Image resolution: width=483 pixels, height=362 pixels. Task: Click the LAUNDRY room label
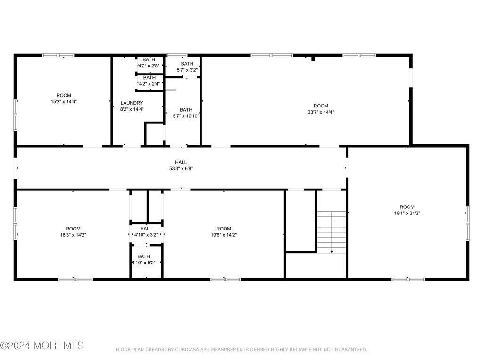(132, 103)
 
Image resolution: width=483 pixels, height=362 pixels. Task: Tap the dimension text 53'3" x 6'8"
(181, 169)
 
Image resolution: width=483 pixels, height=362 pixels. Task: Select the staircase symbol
(332, 232)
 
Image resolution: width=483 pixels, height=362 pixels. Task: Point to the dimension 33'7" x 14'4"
(321, 112)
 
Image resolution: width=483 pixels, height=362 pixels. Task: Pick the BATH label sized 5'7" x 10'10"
(186, 110)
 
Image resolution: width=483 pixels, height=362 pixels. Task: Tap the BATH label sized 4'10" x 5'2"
(143, 256)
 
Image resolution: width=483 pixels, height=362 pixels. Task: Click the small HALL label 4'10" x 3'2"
(146, 229)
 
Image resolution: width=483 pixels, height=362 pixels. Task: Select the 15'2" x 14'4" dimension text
(64, 102)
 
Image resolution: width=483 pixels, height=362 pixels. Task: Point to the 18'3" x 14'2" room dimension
(73, 235)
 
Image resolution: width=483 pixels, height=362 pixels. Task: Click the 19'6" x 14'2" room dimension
(224, 235)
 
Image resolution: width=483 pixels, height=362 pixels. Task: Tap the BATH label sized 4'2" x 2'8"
(149, 60)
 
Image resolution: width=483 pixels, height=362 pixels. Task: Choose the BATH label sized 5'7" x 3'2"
(187, 64)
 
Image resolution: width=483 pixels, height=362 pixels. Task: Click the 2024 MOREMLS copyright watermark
(42, 346)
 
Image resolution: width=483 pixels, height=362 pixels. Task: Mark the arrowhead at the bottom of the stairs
(332, 252)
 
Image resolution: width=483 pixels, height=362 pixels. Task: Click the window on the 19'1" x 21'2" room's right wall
(467, 223)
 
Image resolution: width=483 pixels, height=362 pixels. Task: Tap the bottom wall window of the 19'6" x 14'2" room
(226, 280)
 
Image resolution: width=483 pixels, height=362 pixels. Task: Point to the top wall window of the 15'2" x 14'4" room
(58, 56)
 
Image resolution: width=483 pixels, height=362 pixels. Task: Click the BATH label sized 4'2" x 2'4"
(150, 78)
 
